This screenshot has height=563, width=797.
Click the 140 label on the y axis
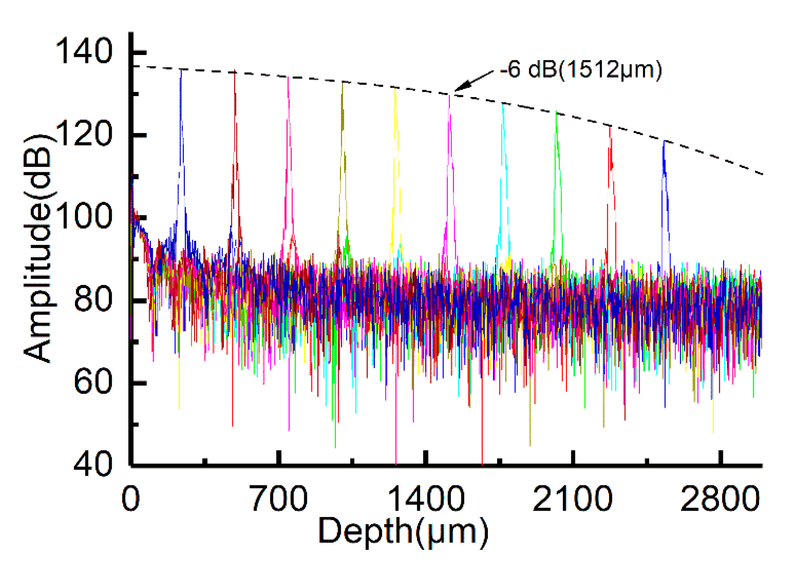pyautogui.click(x=84, y=52)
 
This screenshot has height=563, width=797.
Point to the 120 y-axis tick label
pyautogui.click(x=84, y=134)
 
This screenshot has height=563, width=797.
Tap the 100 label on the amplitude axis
pyautogui.click(x=84, y=217)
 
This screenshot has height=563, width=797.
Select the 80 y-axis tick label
pyautogui.click(x=93, y=300)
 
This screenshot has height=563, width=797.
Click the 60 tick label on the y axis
pyautogui.click(x=93, y=383)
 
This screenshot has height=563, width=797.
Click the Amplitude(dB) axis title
pyautogui.click(x=38, y=249)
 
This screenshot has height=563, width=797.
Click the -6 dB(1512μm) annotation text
pyautogui.click(x=581, y=70)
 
